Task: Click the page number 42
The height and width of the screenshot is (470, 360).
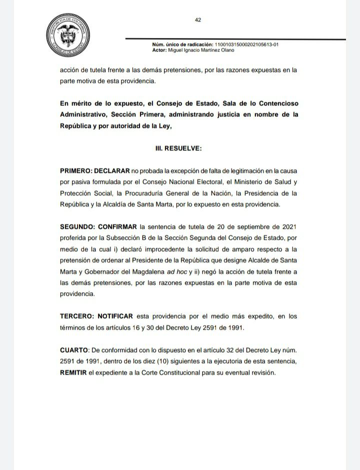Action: point(198,20)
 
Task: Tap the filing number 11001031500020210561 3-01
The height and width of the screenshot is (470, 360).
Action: point(246,44)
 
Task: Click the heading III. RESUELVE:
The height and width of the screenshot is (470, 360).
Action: point(178,148)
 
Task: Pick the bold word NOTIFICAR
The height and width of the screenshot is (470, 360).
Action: point(115,316)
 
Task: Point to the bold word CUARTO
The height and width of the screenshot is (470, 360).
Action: point(74,350)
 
